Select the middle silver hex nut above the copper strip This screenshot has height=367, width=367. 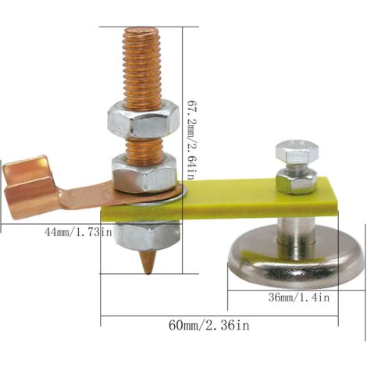pyautogui.click(x=145, y=172)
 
